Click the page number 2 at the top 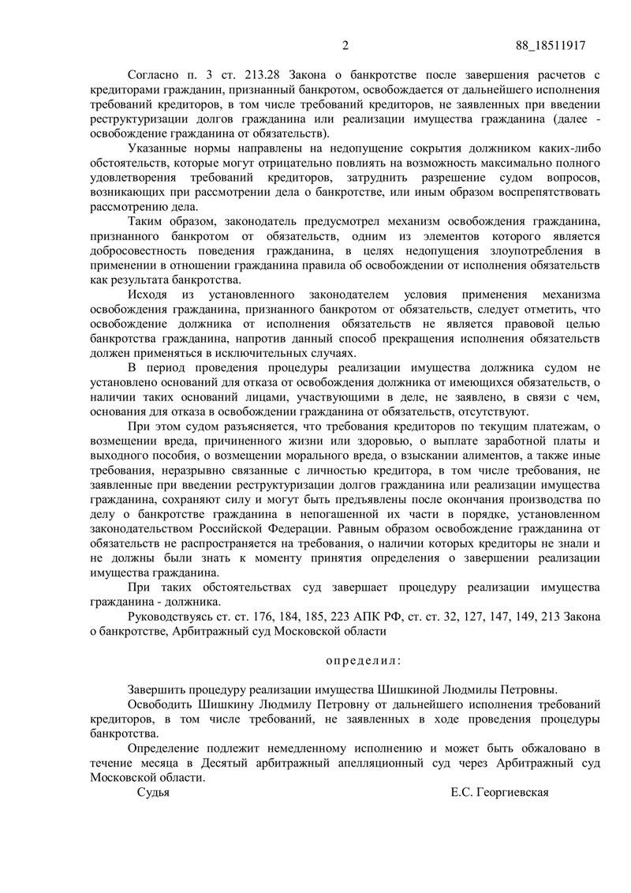tap(345, 45)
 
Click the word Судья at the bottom tap(153, 792)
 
